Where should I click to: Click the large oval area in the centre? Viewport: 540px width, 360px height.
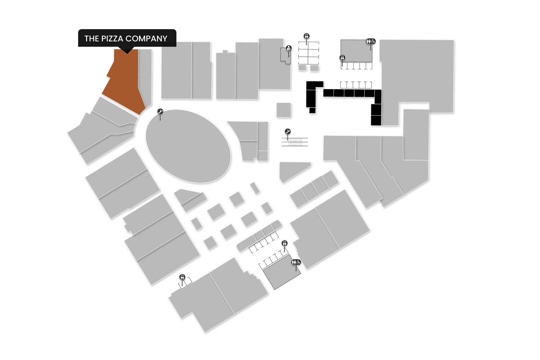pyautogui.click(x=188, y=146)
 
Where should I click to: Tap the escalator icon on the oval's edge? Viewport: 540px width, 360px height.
pyautogui.click(x=161, y=112)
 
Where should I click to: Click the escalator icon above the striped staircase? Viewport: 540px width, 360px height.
pyautogui.click(x=288, y=132)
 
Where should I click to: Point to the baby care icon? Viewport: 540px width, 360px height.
pyautogui.click(x=289, y=48)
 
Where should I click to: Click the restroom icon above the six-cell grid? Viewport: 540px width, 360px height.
pyautogui.click(x=306, y=36)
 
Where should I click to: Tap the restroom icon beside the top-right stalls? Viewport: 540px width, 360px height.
pyautogui.click(x=342, y=57)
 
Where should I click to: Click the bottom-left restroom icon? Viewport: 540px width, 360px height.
pyautogui.click(x=182, y=277)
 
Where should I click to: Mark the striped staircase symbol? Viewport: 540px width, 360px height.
pyautogui.click(x=295, y=141)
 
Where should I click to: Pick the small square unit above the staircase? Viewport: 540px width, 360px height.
pyautogui.click(x=284, y=110)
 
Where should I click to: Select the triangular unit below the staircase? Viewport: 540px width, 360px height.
pyautogui.click(x=292, y=171)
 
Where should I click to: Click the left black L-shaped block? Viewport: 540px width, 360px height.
pyautogui.click(x=312, y=94)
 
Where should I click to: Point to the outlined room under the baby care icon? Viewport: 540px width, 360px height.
pyautogui.click(x=285, y=56)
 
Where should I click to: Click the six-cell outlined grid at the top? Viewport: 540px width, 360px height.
pyautogui.click(x=309, y=53)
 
